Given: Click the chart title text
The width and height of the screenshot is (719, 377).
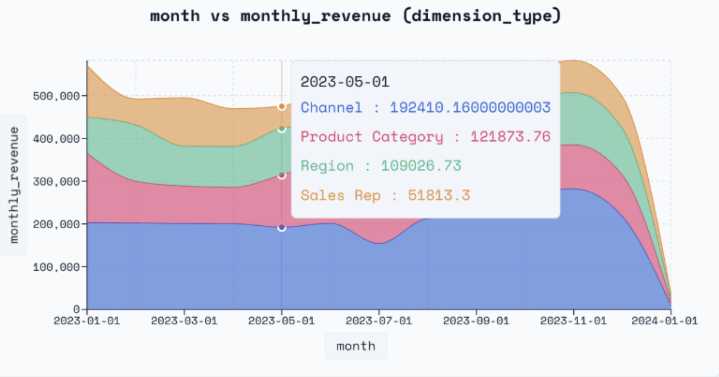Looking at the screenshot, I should point(355,16).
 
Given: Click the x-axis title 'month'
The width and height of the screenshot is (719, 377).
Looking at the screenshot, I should point(356,346).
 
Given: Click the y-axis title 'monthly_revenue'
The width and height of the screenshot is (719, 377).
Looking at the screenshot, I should point(14,185).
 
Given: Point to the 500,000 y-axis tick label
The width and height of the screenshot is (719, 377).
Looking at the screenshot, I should point(56,96).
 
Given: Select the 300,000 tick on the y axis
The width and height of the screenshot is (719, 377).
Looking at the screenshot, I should point(56,181).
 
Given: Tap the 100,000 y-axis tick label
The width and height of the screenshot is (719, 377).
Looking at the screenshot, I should point(56,267).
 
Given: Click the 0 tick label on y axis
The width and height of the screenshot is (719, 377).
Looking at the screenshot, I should point(77,309).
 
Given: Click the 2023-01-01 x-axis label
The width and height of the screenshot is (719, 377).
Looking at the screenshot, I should point(87,321).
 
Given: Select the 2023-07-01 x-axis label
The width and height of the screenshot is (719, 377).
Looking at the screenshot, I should point(379,321).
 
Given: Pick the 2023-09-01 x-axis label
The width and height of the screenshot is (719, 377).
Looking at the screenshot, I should point(476,321).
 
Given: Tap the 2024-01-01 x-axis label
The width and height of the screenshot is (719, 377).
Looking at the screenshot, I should point(664,321).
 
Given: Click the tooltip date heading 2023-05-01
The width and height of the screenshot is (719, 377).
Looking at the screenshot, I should point(345,82).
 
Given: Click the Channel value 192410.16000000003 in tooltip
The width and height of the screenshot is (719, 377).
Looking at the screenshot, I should point(470,107).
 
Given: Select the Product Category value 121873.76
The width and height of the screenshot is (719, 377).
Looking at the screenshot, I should point(510,136).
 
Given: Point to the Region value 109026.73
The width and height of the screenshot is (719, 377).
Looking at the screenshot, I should point(421,166).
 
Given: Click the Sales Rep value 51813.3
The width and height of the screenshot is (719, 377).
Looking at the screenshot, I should point(439,195).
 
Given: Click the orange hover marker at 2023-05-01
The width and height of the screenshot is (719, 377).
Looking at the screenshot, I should point(282,107).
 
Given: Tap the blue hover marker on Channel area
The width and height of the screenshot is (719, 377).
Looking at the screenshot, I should point(282,228).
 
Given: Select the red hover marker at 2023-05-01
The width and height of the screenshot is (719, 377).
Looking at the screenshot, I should point(282,176).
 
